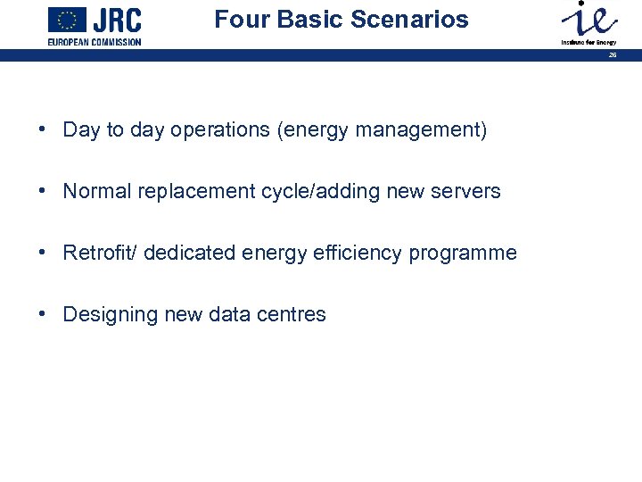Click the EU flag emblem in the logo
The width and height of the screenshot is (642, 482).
point(67,19)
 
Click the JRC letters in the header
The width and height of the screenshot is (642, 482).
point(117,21)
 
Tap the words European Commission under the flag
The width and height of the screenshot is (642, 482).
point(95,42)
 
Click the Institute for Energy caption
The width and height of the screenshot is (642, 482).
point(588,42)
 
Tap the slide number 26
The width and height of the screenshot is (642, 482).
point(613,55)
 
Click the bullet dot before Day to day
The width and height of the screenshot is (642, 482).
point(43,129)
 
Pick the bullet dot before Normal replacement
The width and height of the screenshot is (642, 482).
point(43,191)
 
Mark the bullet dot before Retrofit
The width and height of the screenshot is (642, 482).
point(43,253)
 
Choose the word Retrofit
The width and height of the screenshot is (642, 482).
point(95,253)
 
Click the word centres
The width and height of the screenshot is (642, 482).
point(293,314)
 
